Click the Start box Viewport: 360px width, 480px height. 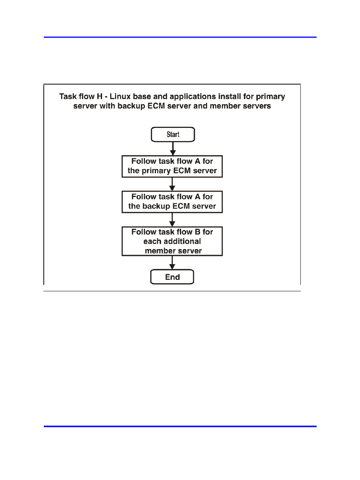point(173,134)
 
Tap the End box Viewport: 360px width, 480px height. point(172,277)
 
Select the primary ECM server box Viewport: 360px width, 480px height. point(172,166)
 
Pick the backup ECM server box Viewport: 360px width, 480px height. point(172,202)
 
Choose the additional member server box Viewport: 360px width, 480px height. point(172,241)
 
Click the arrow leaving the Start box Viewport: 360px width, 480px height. point(173,149)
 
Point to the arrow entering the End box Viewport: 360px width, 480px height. point(172,263)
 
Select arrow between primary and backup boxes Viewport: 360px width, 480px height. point(172,184)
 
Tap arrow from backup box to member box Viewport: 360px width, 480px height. point(172,220)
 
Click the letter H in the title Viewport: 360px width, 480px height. point(100,97)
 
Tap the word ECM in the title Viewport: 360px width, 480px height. point(156,106)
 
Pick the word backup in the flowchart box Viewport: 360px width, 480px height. point(156,206)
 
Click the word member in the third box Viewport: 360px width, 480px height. point(159,251)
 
